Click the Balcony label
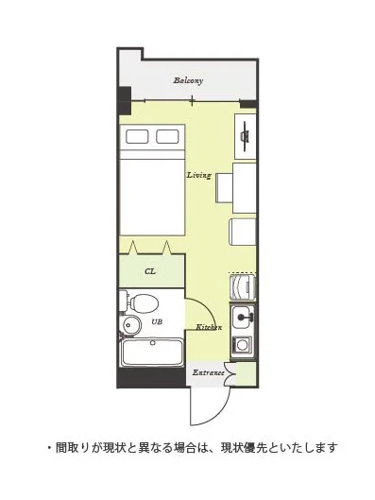click(x=188, y=80)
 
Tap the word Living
click(x=198, y=175)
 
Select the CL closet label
click(x=150, y=271)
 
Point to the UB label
click(x=157, y=321)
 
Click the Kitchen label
click(x=209, y=327)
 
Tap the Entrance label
click(x=209, y=372)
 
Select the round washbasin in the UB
click(x=131, y=324)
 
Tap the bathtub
click(x=153, y=353)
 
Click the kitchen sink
click(x=243, y=318)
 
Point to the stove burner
click(x=243, y=345)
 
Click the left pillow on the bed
click(x=137, y=136)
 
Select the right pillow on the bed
click(x=167, y=136)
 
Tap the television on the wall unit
click(x=245, y=136)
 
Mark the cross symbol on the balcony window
click(x=192, y=101)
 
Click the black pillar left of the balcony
click(x=125, y=101)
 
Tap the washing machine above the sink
click(x=243, y=287)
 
